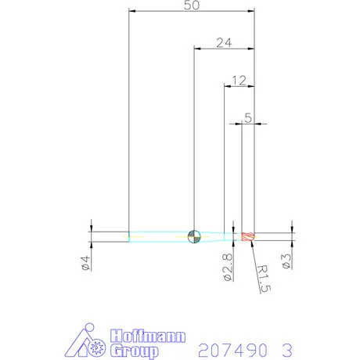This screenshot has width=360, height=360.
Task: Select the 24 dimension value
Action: (224, 42)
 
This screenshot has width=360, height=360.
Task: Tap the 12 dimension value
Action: (239, 80)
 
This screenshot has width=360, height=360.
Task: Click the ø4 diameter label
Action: (85, 263)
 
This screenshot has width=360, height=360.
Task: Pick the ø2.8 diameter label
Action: (226, 267)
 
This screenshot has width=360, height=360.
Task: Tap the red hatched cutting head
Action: (249, 236)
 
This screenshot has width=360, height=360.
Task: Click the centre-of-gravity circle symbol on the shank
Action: (194, 234)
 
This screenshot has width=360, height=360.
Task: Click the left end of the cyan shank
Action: (131, 234)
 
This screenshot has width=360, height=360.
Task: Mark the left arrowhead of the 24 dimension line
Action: (197, 49)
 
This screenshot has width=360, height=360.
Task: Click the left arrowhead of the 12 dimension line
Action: (228, 86)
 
